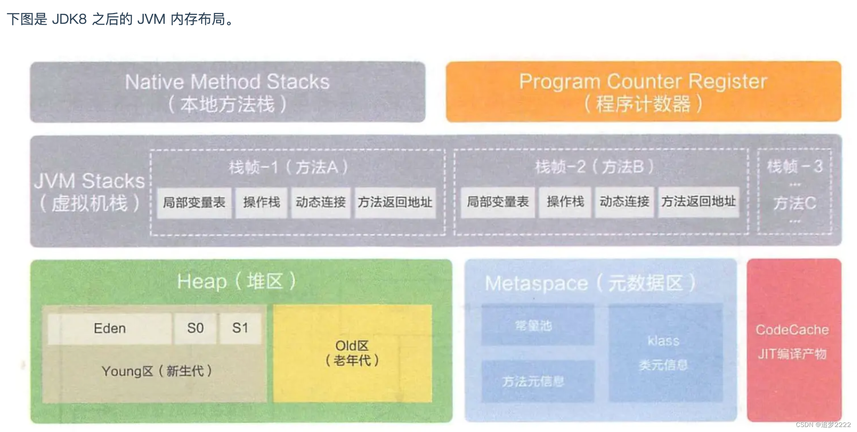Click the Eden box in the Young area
[x=110, y=328]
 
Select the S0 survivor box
[x=195, y=328]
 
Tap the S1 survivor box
[x=240, y=328]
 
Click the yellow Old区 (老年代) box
[x=352, y=353]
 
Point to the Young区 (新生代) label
[x=156, y=371]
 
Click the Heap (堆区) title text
[x=236, y=281]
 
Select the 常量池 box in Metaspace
[x=537, y=325]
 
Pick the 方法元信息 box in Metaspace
[x=537, y=381]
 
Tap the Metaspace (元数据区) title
[x=590, y=283]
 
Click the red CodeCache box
[x=793, y=341]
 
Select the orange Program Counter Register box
[x=643, y=92]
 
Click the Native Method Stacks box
[x=227, y=92]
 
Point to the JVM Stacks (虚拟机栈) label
[x=89, y=192]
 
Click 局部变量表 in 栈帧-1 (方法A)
[x=194, y=203]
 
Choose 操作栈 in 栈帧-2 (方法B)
[x=565, y=202]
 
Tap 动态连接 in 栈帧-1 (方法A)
[x=321, y=203]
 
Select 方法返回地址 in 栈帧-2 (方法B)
[x=698, y=202]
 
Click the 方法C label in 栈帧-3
[x=794, y=203]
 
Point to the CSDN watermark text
[x=823, y=424]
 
